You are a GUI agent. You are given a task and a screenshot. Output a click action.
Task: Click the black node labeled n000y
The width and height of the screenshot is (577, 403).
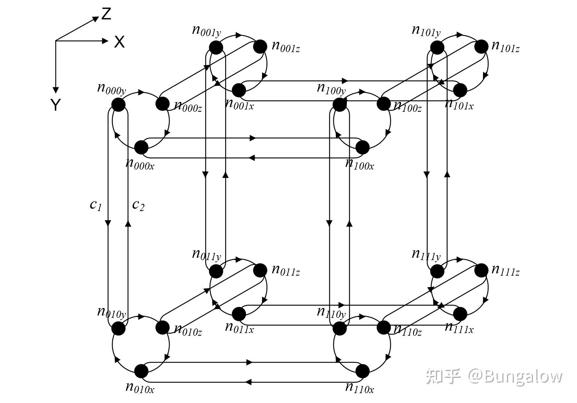pyautogui.click(x=118, y=105)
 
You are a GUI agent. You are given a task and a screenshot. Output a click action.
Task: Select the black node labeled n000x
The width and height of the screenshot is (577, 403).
pyautogui.click(x=141, y=147)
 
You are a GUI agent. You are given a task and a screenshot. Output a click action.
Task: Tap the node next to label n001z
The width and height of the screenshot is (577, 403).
pyautogui.click(x=260, y=47)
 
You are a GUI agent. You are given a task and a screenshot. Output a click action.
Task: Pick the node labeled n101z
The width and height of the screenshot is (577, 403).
pyautogui.click(x=481, y=47)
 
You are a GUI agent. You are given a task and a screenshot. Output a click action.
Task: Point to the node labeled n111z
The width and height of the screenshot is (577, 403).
pyautogui.click(x=481, y=270)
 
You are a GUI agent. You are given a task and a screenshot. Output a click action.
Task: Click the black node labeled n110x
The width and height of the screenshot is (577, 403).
pyautogui.click(x=362, y=371)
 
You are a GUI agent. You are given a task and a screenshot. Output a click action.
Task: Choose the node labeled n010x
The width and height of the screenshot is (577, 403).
pyautogui.click(x=141, y=371)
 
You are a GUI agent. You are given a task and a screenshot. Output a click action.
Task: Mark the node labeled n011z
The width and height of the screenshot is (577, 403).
pyautogui.click(x=260, y=270)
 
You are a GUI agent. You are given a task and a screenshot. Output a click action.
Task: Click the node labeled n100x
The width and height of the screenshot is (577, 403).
pyautogui.click(x=362, y=147)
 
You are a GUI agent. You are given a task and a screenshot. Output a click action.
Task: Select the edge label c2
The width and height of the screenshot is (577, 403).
pyautogui.click(x=138, y=205)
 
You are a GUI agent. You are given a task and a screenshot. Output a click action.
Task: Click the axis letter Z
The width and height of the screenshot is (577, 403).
pyautogui.click(x=106, y=14)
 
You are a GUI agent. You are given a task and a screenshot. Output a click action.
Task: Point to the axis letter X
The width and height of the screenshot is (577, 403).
pyautogui.click(x=119, y=42)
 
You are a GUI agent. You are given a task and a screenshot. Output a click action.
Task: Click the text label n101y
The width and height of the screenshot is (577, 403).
pyautogui.click(x=426, y=30)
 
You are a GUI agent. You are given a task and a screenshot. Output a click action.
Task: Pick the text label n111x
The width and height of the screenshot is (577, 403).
pyautogui.click(x=459, y=327)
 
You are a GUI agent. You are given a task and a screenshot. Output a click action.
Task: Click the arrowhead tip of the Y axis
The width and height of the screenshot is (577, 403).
pyautogui.click(x=56, y=92)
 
